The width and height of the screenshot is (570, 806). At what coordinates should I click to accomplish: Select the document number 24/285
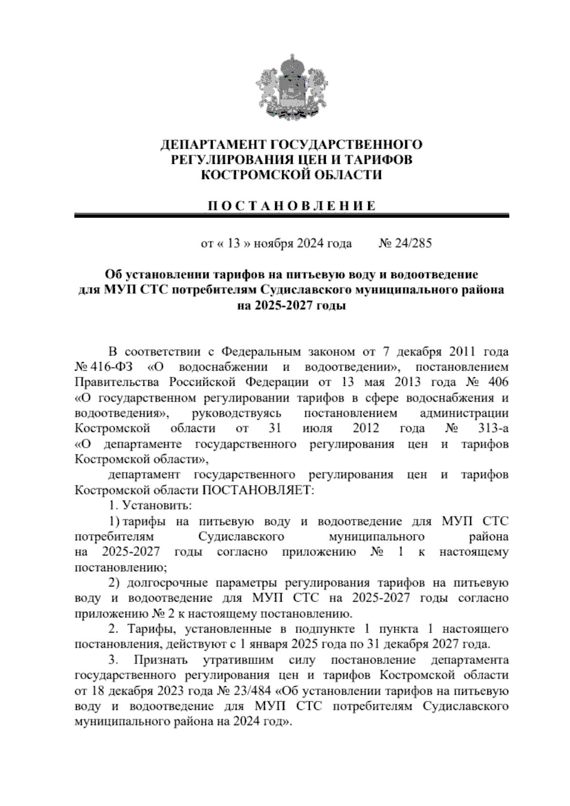(x=414, y=244)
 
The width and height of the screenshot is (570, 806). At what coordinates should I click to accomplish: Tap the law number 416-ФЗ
(x=113, y=367)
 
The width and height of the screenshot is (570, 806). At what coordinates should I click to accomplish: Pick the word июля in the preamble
(x=317, y=429)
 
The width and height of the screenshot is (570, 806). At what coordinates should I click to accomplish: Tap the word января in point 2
(x=263, y=645)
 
